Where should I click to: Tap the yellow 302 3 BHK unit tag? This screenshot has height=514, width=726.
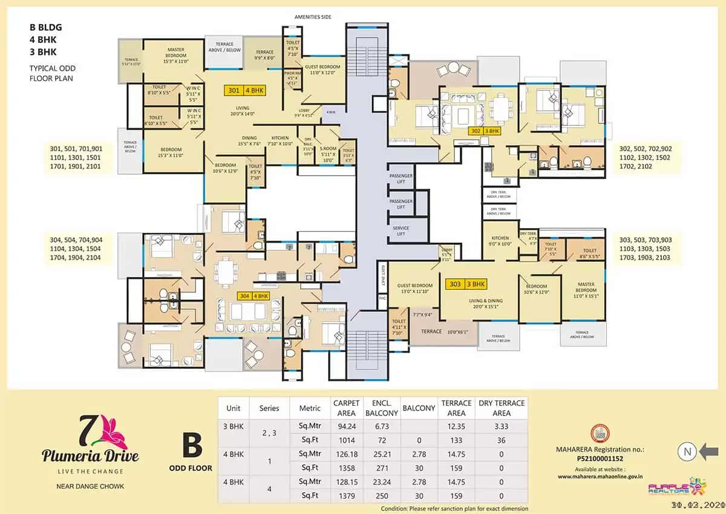coord(485,130)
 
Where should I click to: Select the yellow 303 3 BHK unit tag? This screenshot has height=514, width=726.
coord(466,284)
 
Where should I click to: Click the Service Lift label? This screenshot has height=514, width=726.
coord(401,231)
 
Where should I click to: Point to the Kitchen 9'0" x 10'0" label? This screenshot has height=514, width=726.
coord(500,241)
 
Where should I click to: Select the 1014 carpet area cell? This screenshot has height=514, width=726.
coord(345,440)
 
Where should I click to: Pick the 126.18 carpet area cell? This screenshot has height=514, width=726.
coord(345,453)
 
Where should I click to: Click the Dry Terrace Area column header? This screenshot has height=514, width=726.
coord(502,408)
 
